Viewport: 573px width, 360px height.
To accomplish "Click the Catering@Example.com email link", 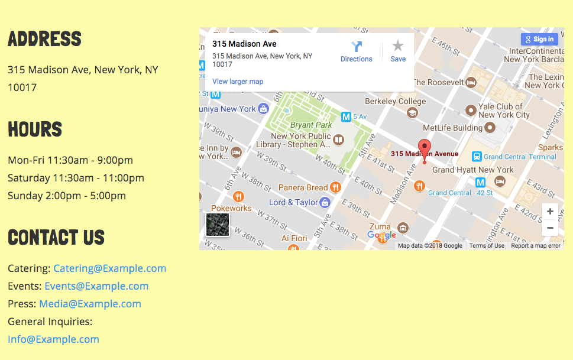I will [109, 268].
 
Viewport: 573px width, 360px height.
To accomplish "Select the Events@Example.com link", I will [96, 286].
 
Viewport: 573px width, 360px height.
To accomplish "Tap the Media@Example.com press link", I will [90, 304].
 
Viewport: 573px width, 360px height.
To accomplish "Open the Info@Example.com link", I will [53, 339].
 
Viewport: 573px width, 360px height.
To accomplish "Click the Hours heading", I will [35, 129].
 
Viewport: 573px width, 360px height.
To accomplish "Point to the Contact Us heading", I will [56, 238].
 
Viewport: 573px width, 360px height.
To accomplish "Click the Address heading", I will [44, 40].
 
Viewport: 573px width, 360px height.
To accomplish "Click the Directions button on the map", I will [356, 51].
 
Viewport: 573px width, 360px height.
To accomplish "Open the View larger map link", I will [238, 82].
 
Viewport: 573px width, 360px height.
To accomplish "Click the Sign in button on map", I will [539, 40].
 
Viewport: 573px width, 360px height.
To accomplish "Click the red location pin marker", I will [424, 148].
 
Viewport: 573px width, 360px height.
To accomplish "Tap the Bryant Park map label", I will [311, 125].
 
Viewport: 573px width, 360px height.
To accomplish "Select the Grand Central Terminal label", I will [520, 157].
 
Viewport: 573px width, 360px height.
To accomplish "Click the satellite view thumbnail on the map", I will [217, 225].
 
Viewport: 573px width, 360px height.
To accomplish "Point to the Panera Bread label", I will [303, 187].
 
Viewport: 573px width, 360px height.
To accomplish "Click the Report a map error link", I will [536, 246].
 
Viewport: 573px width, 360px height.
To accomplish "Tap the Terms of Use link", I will [487, 246].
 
